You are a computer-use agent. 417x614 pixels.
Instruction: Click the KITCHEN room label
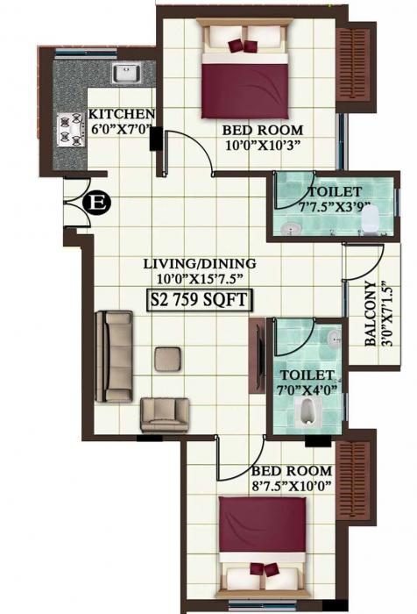point(122,115)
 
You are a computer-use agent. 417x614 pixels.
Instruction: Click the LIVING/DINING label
point(200,263)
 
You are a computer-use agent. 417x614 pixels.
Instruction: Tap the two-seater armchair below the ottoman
point(166,412)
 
